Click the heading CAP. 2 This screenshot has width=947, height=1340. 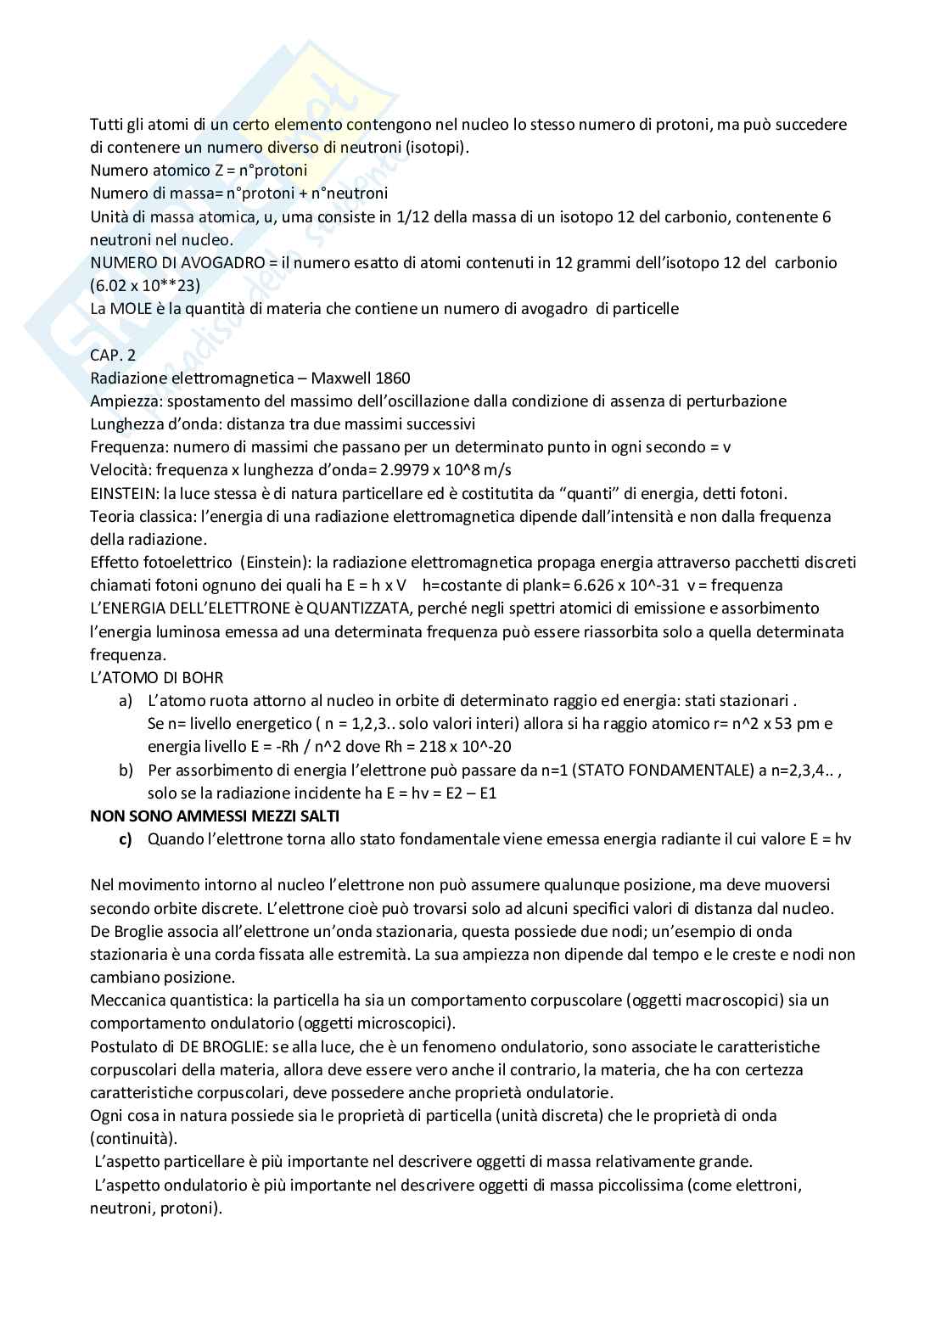[x=112, y=355]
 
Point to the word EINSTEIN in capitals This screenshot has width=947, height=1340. [x=121, y=492]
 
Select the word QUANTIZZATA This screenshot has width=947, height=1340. [x=348, y=608]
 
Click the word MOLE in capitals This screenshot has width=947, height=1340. [x=130, y=308]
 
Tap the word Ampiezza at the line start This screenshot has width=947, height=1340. [x=122, y=401]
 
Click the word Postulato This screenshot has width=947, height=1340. [x=122, y=1046]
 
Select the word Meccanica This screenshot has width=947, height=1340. [x=127, y=1000]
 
